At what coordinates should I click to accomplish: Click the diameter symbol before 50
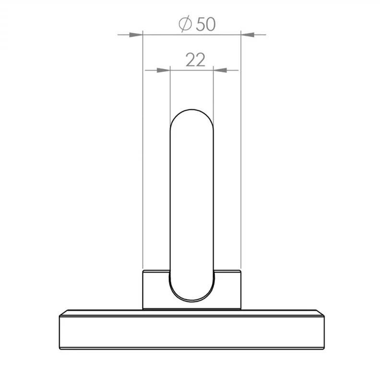[x=185, y=24]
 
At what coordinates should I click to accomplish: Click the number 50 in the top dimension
[x=206, y=24]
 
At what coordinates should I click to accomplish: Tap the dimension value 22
[x=195, y=60]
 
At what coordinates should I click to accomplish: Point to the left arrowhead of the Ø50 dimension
[x=136, y=35]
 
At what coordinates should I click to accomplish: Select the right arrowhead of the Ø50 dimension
[x=248, y=35]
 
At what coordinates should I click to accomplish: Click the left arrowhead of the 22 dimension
[x=163, y=70]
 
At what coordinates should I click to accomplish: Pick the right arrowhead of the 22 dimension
[x=220, y=70]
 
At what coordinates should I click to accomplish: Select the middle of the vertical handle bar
[x=192, y=205]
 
